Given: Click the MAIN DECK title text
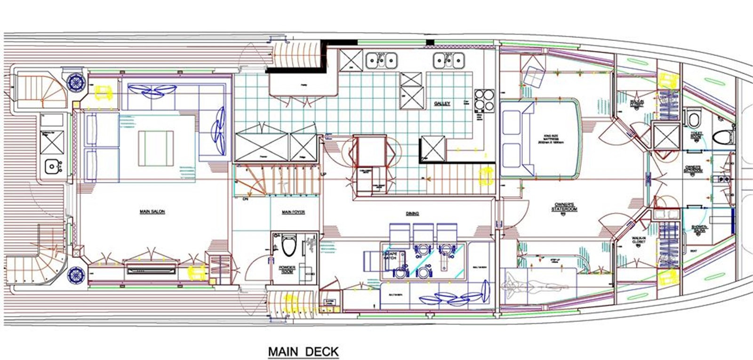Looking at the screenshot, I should coord(303,352).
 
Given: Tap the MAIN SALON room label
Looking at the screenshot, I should coord(152,212).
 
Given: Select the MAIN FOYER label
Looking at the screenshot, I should coord(293,212).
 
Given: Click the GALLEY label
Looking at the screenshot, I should coord(442,104).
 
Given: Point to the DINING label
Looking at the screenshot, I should coord(412,213).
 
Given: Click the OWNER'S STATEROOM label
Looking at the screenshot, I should coord(565,207).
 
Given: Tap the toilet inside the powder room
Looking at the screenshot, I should coord(288,245).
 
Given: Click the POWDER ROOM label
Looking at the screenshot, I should coord(287,270).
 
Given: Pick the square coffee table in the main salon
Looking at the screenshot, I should coord(156,148).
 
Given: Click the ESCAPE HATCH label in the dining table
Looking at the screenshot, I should coord(390,256).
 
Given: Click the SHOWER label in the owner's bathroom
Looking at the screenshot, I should coord(699,229).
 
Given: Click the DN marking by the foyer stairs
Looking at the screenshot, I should coord(245,199).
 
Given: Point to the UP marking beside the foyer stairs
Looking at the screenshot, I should coord(323,175).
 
